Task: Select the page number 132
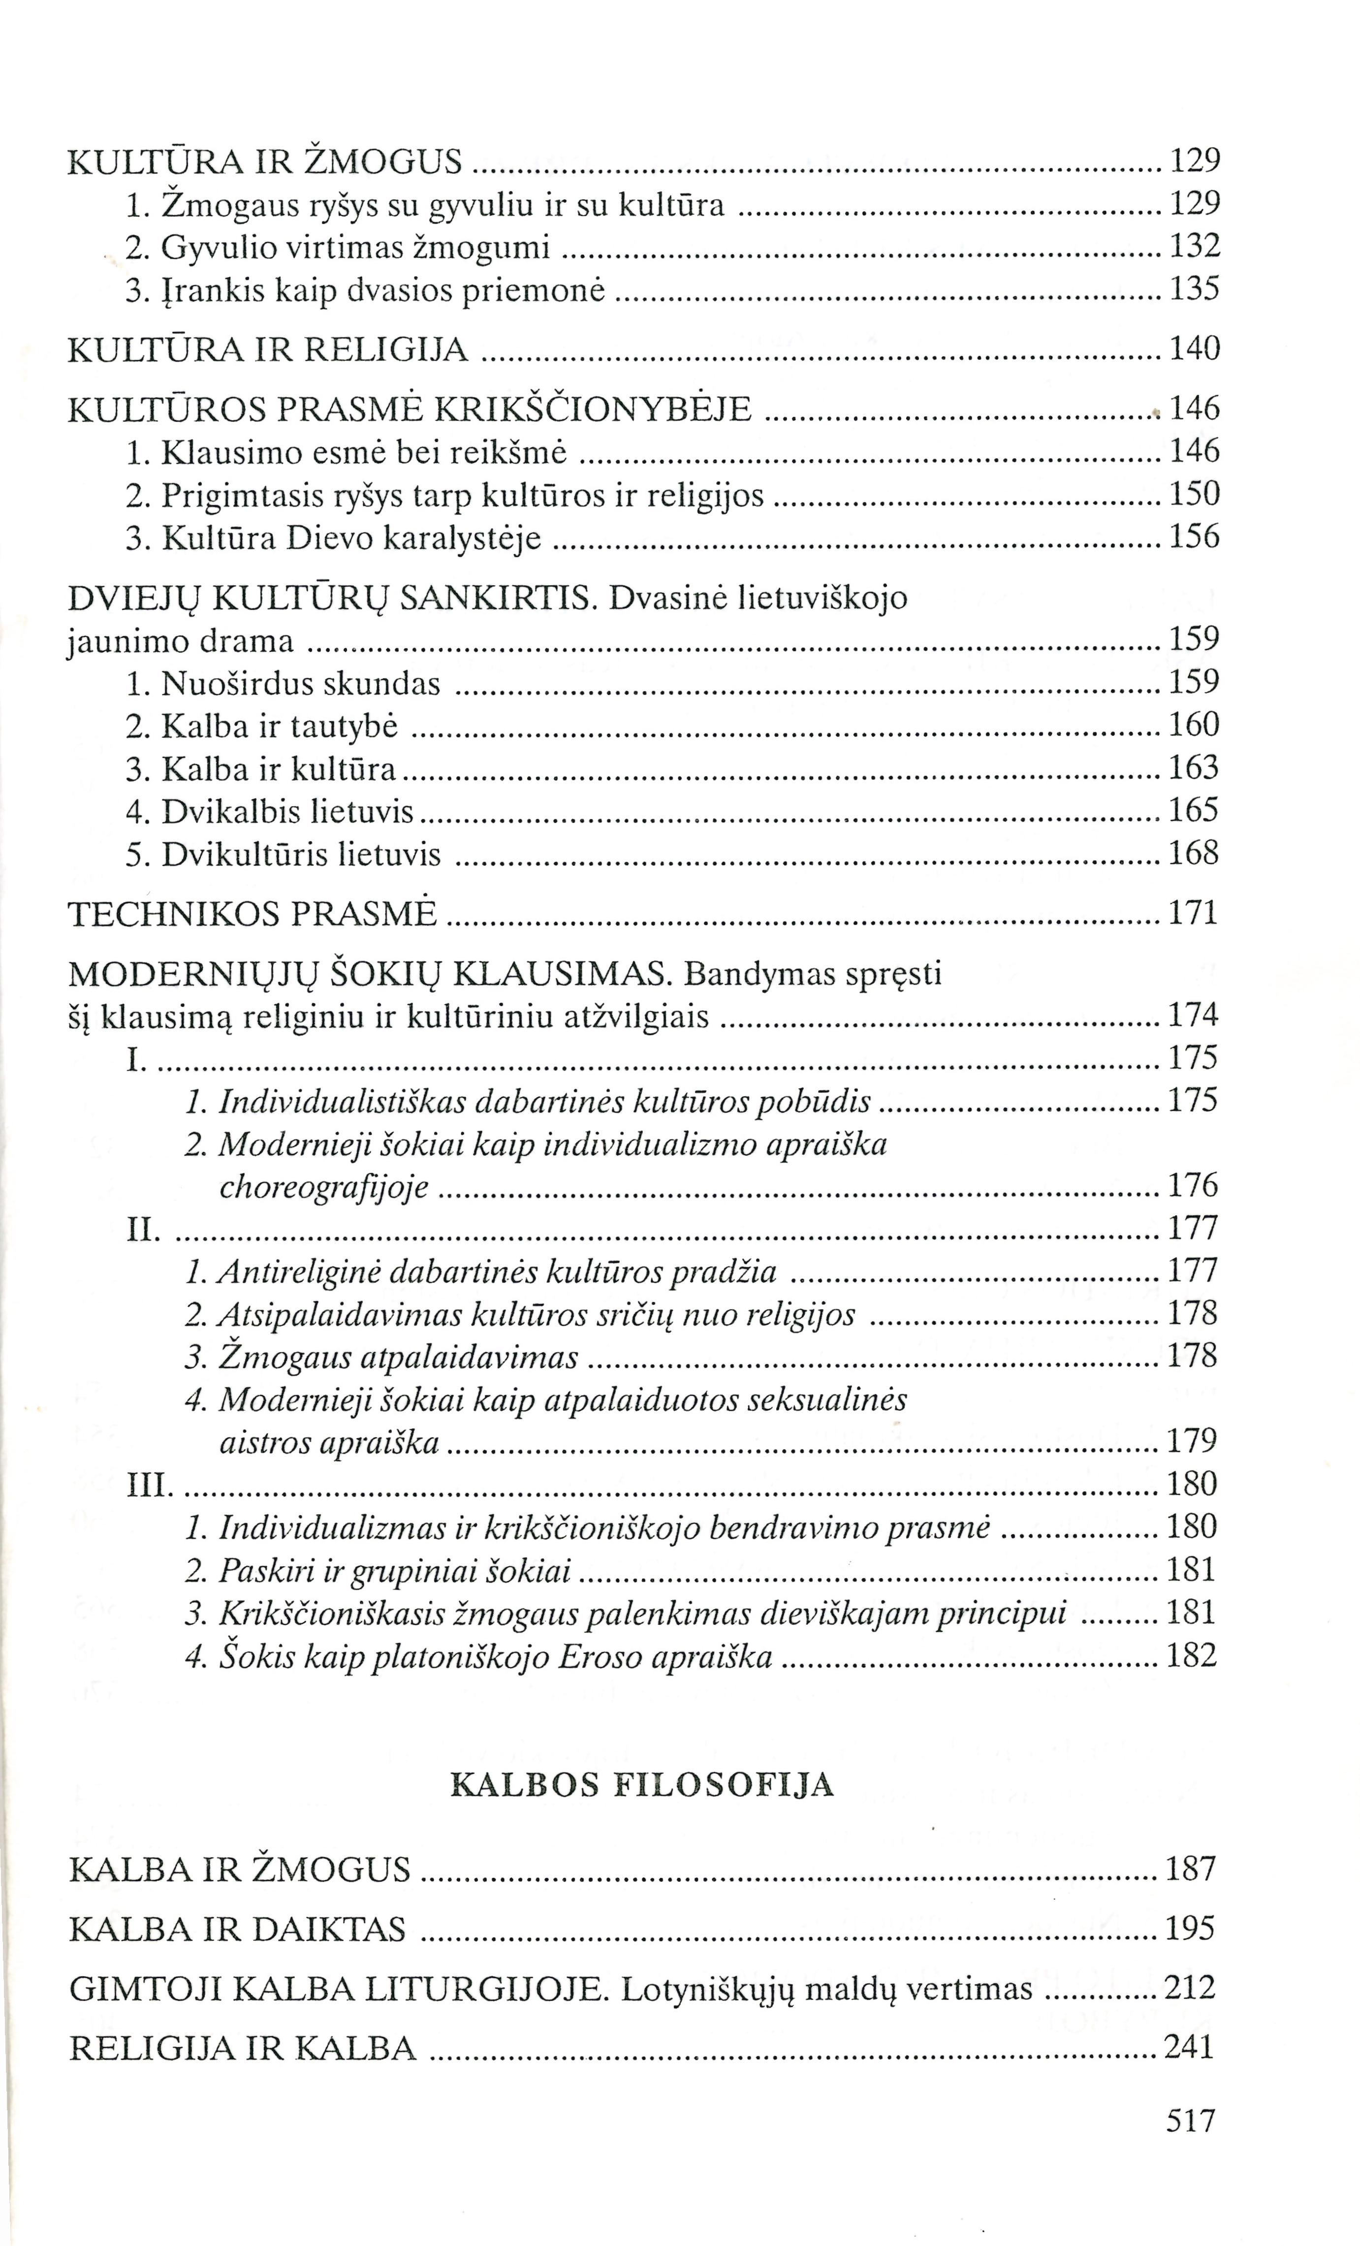(x=1194, y=246)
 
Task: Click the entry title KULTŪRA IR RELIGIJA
(x=268, y=349)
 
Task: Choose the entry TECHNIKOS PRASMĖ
(x=253, y=914)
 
